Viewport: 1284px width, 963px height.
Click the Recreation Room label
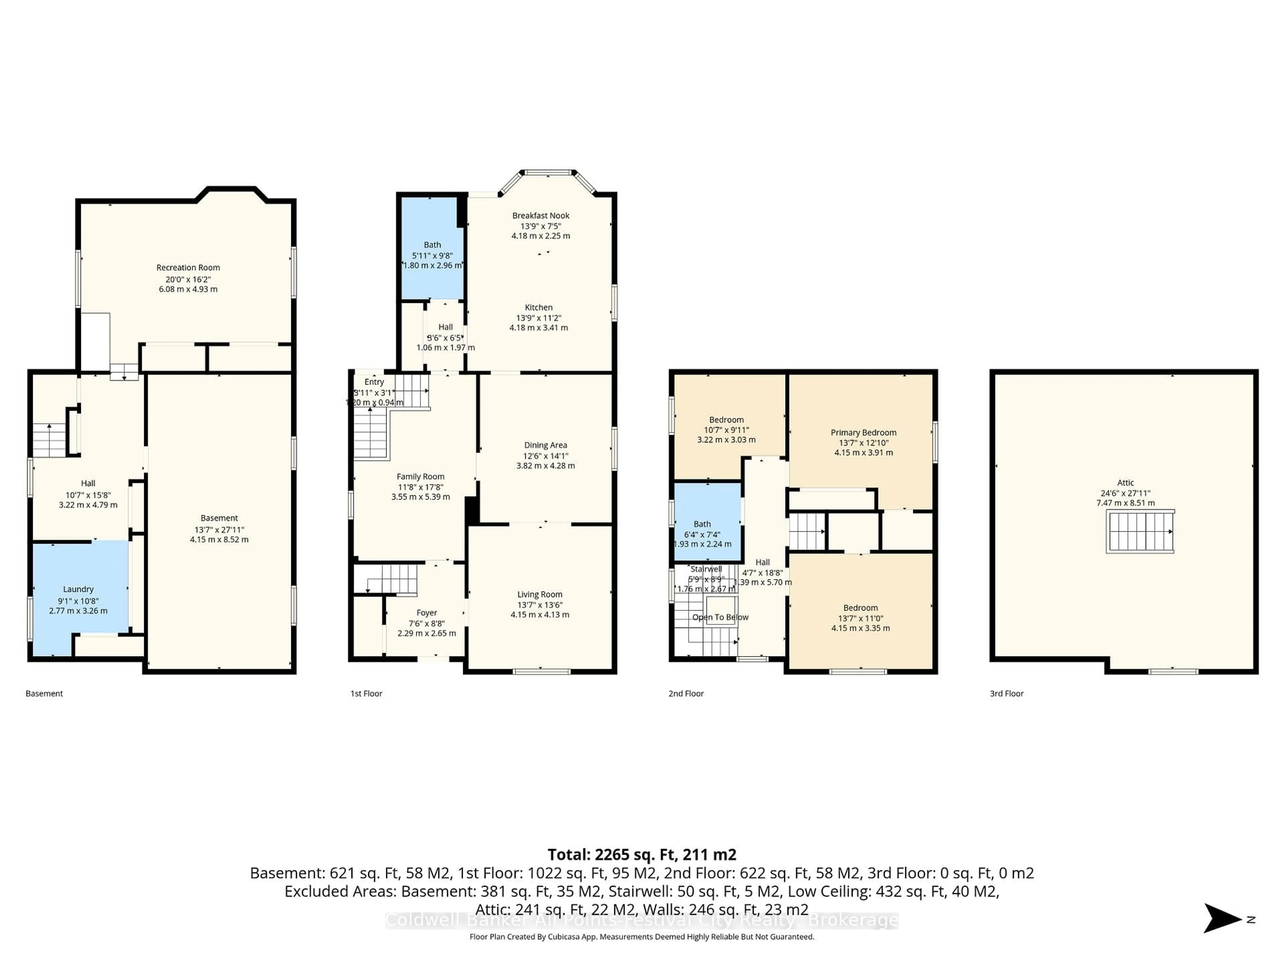[x=188, y=267]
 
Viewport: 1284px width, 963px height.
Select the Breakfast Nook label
[x=540, y=215]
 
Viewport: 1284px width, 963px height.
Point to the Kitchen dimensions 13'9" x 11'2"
[x=539, y=318]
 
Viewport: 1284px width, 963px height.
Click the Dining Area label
[x=545, y=445]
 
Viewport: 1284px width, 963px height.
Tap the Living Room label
[x=540, y=595]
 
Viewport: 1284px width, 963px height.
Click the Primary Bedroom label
[x=863, y=432]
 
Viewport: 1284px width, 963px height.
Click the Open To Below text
[x=720, y=617]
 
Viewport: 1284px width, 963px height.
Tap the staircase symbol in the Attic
[x=1140, y=532]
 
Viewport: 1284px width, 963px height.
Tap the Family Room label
[x=420, y=476]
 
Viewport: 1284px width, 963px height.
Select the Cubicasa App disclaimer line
[x=641, y=937]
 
